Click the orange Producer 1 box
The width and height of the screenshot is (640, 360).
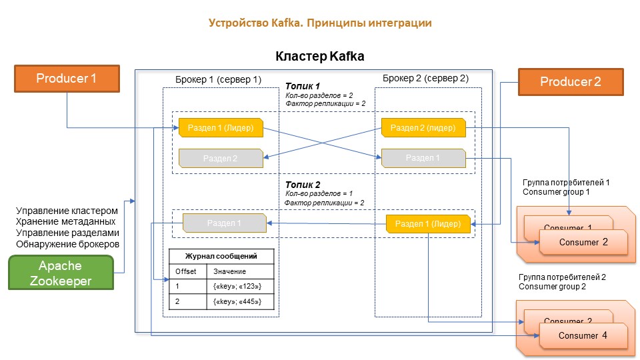tap(67, 78)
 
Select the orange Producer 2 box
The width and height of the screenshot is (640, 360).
tap(571, 82)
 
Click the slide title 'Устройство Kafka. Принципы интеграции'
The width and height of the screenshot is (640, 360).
tap(320, 23)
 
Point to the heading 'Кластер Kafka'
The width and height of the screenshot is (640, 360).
tap(320, 57)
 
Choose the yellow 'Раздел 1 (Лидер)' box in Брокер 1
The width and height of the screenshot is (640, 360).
tap(221, 127)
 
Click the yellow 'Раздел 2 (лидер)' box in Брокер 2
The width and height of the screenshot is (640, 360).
tap(423, 127)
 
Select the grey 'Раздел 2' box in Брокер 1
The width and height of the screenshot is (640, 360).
tap(220, 159)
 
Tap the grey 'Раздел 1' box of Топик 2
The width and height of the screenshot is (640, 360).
tap(224, 223)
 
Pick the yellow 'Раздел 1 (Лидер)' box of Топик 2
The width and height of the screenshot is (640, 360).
tap(429, 223)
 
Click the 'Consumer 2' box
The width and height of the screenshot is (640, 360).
tap(584, 242)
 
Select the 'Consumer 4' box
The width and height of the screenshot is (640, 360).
tap(584, 335)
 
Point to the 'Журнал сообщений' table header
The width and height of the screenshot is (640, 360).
tap(222, 255)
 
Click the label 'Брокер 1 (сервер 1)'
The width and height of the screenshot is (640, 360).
tap(219, 79)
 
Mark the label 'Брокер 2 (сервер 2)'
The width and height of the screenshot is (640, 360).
tap(425, 79)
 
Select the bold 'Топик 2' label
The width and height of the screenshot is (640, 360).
tap(303, 185)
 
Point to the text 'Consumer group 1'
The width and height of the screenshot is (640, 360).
tap(556, 192)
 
